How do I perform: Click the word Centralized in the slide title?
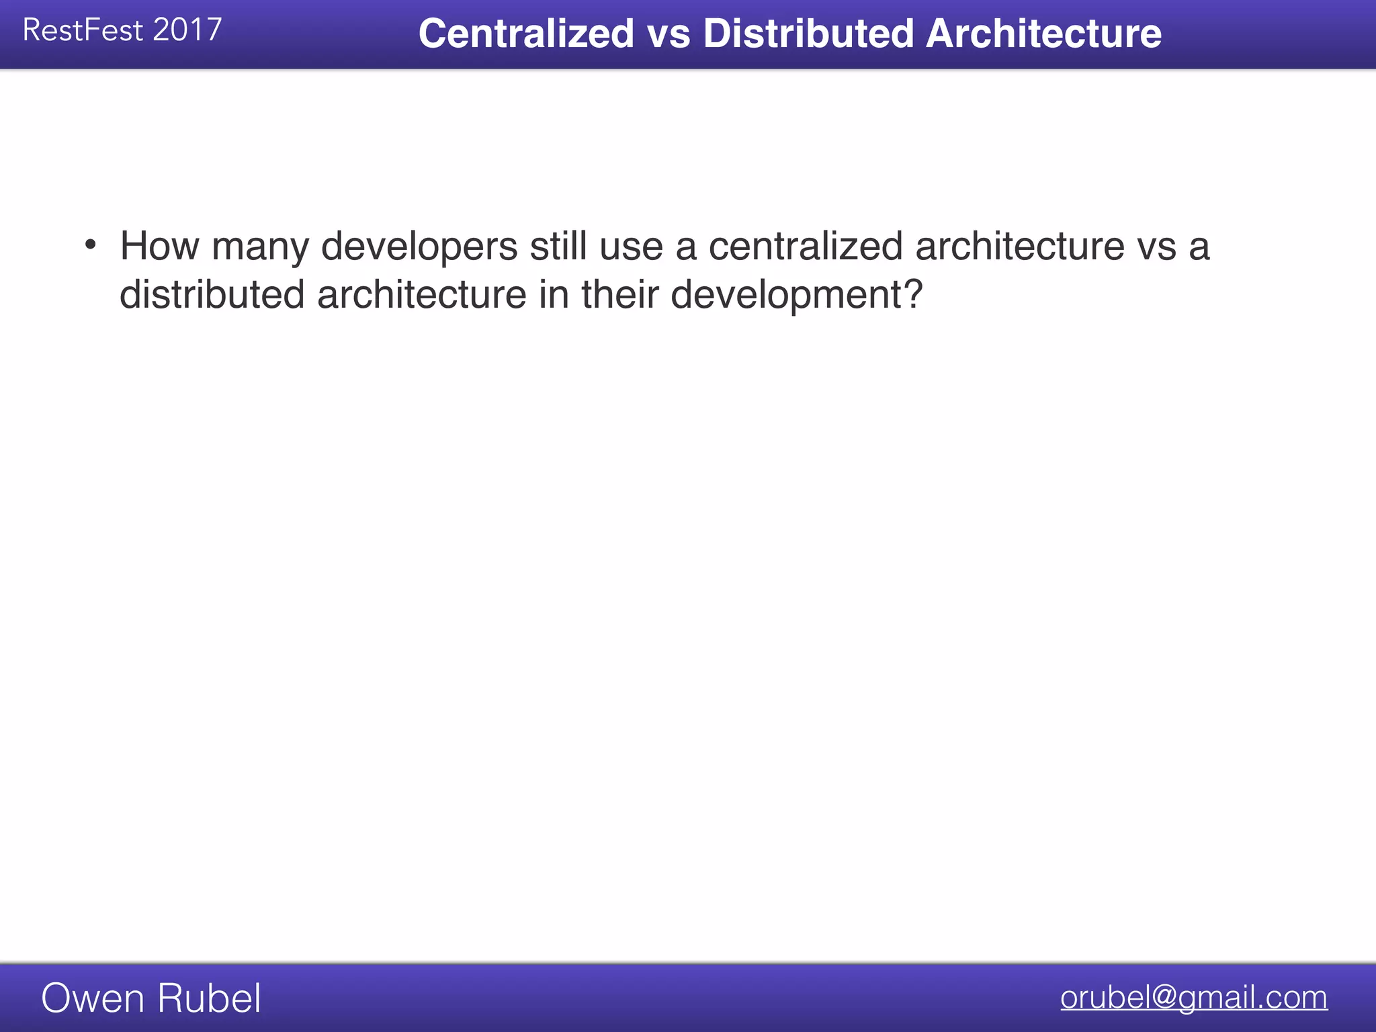click(526, 34)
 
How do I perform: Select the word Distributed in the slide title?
click(808, 34)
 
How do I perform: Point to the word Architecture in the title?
click(1043, 34)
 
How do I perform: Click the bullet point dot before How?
click(91, 245)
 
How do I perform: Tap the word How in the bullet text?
click(159, 246)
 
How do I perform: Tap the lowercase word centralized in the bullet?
click(806, 246)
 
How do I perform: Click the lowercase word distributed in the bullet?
click(212, 294)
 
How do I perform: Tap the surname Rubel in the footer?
click(210, 998)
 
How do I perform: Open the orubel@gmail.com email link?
click(1194, 998)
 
